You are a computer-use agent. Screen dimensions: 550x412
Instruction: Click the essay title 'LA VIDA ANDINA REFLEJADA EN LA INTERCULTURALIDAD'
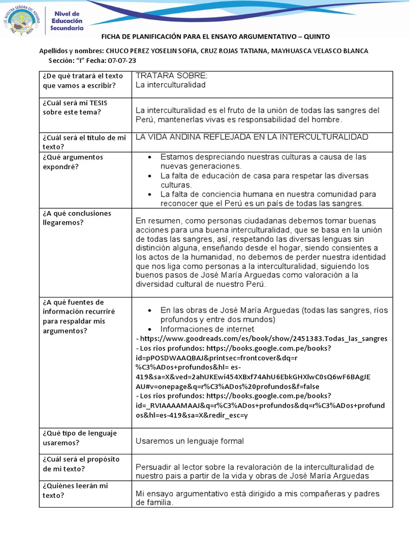[252, 137]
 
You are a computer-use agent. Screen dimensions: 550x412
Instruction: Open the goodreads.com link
[263, 339]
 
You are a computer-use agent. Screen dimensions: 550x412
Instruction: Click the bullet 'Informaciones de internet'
[207, 329]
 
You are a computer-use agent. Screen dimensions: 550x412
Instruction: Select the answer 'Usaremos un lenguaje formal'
[189, 441]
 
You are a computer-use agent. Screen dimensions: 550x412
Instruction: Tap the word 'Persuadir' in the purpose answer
[153, 467]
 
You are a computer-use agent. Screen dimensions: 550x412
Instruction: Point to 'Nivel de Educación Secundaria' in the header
[67, 20]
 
